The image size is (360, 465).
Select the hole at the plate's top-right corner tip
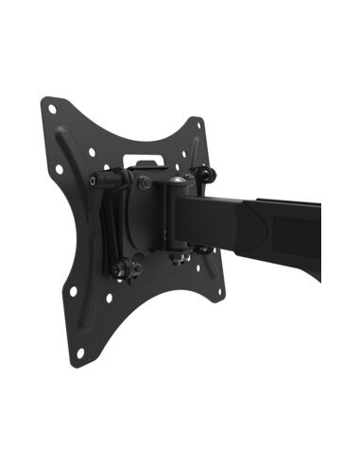(197, 122)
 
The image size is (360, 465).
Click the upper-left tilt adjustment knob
(97, 180)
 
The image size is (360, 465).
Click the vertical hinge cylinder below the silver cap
(175, 217)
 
